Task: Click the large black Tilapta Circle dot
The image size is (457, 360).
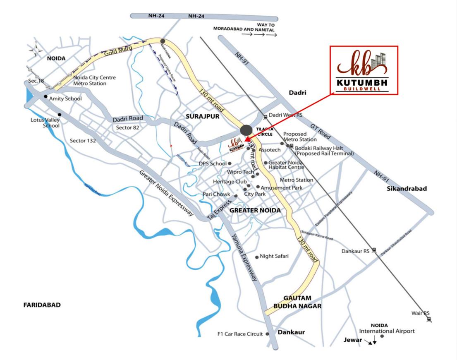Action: [246, 130]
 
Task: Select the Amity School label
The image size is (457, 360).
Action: [65, 99]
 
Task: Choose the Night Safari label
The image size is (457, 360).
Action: [274, 257]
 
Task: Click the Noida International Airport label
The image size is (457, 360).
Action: [387, 329]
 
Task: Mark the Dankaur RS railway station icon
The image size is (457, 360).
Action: [374, 250]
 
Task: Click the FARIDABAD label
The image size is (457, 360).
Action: [42, 305]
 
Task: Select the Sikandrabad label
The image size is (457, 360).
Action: [407, 189]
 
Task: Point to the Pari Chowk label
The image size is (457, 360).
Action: [216, 194]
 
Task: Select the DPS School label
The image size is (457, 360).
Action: [213, 163]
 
